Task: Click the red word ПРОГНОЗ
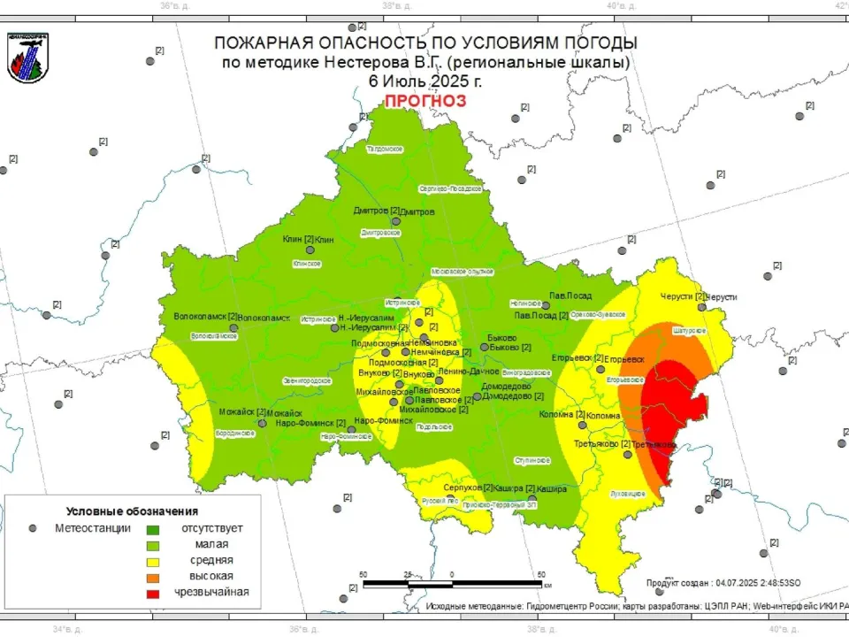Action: pos(424,100)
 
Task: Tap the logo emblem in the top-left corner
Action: pos(27,58)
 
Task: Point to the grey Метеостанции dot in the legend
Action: pos(33,528)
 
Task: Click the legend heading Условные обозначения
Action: pos(132,511)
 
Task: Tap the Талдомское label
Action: pos(385,149)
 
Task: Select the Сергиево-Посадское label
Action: pos(449,188)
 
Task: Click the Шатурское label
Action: pos(689,330)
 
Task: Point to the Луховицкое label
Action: pos(628,493)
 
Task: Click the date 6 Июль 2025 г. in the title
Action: pos(425,81)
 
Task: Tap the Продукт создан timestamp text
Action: pos(723,582)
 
